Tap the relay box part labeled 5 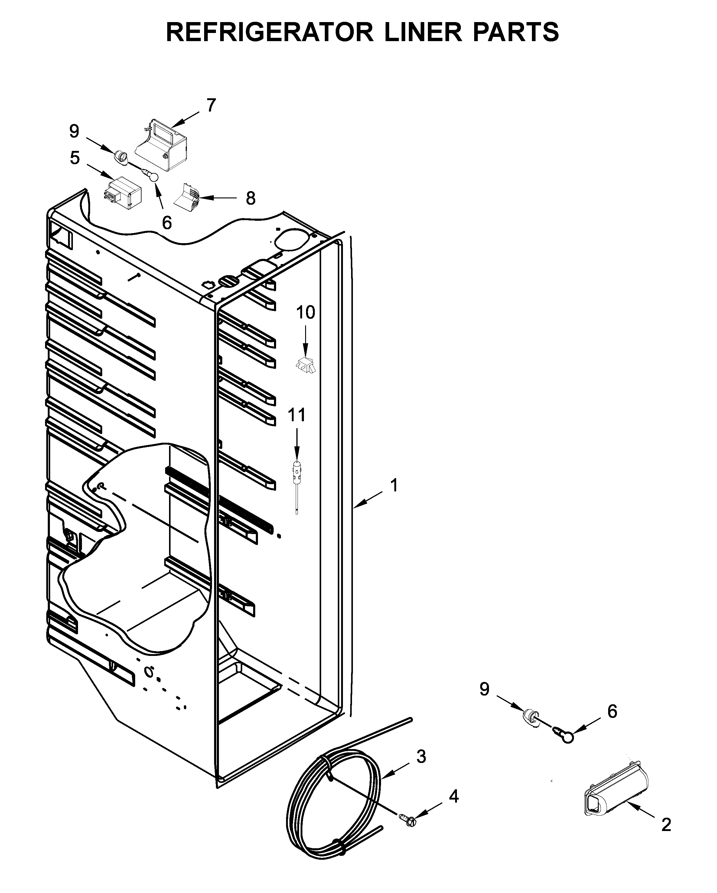(122, 194)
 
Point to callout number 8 (250, 198)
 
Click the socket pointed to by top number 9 (121, 157)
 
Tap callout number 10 (305, 312)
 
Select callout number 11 (297, 415)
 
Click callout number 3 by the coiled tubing (421, 756)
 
